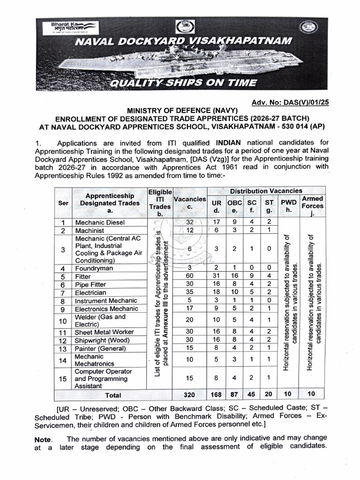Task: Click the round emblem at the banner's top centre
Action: [x=184, y=29]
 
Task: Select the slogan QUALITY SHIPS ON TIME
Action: [x=183, y=83]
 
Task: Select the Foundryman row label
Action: [x=94, y=268]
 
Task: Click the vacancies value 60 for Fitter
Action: [x=190, y=276]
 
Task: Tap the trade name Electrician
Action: [x=92, y=292]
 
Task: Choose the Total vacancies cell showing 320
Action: [x=190, y=395]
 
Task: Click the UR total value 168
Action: [x=217, y=395]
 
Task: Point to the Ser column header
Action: [x=62, y=203]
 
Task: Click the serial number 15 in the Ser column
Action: [x=62, y=378]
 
